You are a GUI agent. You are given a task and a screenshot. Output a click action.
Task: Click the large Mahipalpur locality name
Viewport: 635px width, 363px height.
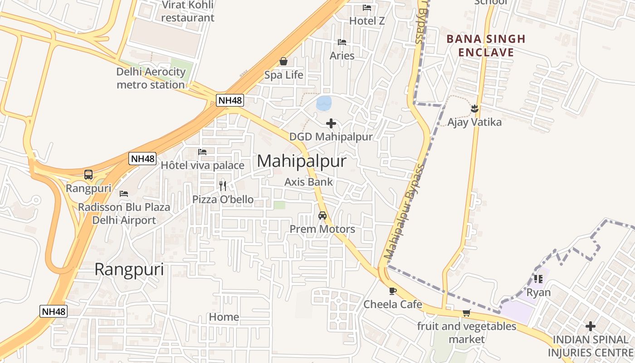pyautogui.click(x=302, y=161)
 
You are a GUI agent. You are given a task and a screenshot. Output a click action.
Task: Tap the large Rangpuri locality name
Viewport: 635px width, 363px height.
pyautogui.click(x=129, y=270)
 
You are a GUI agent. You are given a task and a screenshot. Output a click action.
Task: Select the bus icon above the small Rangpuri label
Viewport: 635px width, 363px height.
pyautogui.click(x=88, y=175)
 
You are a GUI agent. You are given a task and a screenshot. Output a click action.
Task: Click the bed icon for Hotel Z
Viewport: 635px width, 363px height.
pyautogui.click(x=367, y=8)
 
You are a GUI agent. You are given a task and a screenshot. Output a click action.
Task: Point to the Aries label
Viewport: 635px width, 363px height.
pyautogui.click(x=342, y=56)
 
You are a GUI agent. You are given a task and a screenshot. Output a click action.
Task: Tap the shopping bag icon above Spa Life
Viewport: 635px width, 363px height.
pyautogui.click(x=283, y=61)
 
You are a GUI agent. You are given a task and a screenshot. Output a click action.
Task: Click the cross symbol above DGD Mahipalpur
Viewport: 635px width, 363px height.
pyautogui.click(x=331, y=123)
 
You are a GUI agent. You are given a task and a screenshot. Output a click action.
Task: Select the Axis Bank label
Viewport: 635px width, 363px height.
pyautogui.click(x=308, y=182)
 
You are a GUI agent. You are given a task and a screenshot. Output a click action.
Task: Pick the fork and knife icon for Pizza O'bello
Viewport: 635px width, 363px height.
pyautogui.click(x=223, y=186)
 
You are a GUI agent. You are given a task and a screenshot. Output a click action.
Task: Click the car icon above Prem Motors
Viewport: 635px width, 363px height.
pyautogui.click(x=322, y=216)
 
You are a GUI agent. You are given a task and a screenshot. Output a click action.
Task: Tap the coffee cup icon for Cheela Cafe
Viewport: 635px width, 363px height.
pyautogui.click(x=393, y=291)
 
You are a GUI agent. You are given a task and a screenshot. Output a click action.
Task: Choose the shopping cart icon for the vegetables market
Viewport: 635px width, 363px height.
pyautogui.click(x=466, y=313)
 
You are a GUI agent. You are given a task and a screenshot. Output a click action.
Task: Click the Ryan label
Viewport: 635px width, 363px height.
pyautogui.click(x=538, y=292)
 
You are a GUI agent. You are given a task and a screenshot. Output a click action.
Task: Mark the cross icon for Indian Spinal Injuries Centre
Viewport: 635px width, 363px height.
pyautogui.click(x=590, y=326)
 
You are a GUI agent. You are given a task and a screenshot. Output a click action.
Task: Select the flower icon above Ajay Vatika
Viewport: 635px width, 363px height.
pyautogui.click(x=474, y=109)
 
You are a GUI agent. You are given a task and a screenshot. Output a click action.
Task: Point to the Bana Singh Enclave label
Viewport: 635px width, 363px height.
pyautogui.click(x=486, y=45)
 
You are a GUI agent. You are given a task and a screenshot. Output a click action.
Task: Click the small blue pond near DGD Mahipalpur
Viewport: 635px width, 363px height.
pyautogui.click(x=323, y=103)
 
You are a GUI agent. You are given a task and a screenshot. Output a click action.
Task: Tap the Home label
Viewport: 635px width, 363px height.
pyautogui.click(x=224, y=317)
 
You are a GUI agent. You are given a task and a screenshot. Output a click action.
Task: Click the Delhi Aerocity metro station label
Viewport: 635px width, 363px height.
pyautogui.click(x=151, y=78)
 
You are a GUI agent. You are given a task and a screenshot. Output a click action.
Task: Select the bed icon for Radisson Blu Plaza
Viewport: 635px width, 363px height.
pyautogui.click(x=124, y=194)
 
